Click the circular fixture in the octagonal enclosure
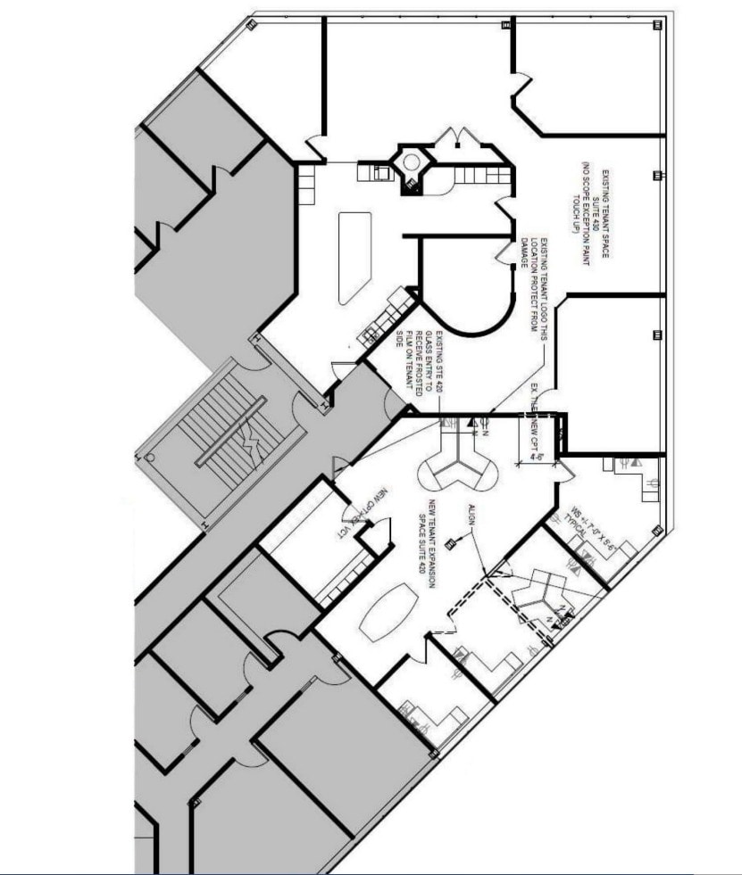(x=411, y=162)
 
